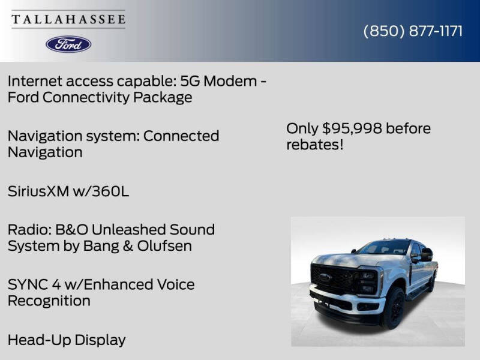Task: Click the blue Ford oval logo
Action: pos(68,44)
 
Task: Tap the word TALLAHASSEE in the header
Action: pos(68,19)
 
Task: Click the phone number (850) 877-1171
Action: pos(413,31)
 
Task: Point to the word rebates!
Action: pos(315,145)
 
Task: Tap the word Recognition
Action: pos(49,301)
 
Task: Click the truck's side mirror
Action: pos(427,254)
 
